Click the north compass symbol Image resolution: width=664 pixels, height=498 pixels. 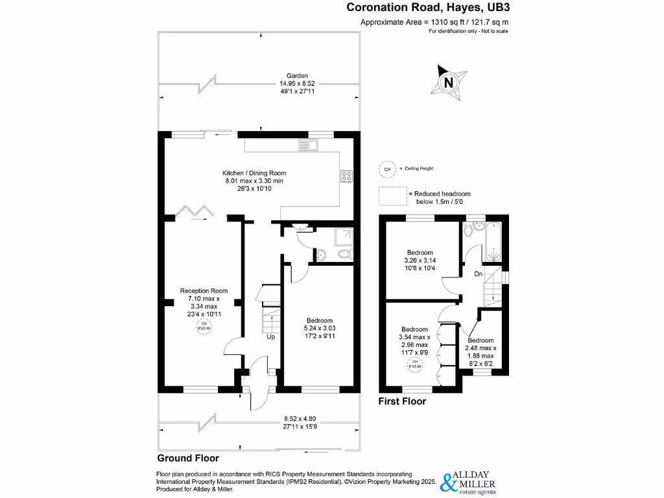coord(448,82)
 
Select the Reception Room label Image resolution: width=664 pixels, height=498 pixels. coord(204,302)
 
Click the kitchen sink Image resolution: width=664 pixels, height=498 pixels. coord(307,144)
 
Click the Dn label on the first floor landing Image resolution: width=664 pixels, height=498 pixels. coord(479,274)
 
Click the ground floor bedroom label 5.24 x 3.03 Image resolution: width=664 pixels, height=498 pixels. coord(320,328)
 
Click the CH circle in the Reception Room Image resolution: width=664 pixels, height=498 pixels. coord(204,326)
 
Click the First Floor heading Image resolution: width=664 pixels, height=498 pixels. coord(402,401)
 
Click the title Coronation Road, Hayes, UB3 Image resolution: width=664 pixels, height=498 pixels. coord(433,8)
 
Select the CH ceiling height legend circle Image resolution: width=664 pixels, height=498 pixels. coord(387,169)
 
